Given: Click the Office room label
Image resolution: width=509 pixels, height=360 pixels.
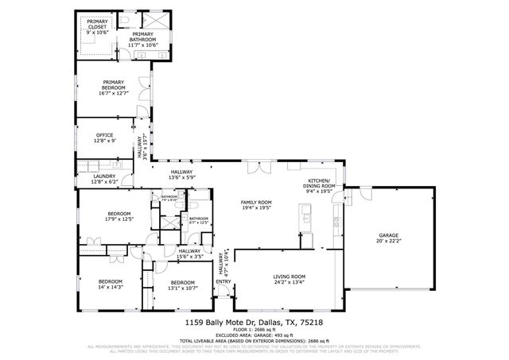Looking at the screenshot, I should (x=105, y=135).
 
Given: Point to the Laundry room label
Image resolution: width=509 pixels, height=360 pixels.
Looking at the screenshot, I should (x=105, y=176).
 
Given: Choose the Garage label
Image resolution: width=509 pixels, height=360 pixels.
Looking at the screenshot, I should (x=388, y=236).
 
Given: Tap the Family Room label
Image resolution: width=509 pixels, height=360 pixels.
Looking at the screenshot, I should (x=257, y=203).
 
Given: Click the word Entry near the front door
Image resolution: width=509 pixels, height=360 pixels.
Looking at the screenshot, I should (x=223, y=281).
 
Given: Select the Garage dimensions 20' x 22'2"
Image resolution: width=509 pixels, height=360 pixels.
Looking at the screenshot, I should (x=388, y=242).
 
